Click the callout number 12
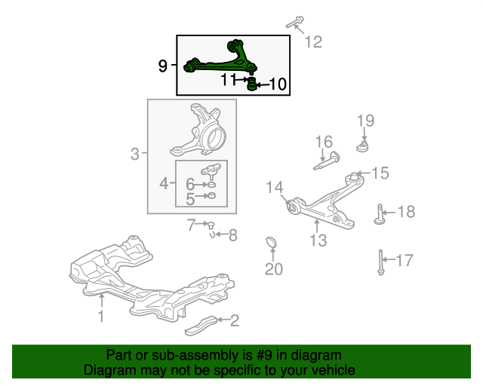pyautogui.click(x=314, y=41)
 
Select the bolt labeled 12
pyautogui.click(x=295, y=22)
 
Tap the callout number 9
pyautogui.click(x=163, y=66)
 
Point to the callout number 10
pyautogui.click(x=278, y=84)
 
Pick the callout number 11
pyautogui.click(x=229, y=80)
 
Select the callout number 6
pyautogui.click(x=190, y=184)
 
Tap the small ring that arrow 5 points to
pyautogui.click(x=211, y=195)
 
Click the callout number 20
pyautogui.click(x=274, y=269)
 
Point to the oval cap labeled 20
pyautogui.click(x=271, y=242)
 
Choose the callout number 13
pyautogui.click(x=318, y=240)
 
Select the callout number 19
pyautogui.click(x=365, y=121)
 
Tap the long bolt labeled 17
pyautogui.click(x=381, y=262)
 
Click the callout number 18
pyautogui.click(x=407, y=212)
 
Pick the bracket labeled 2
pyautogui.click(x=201, y=326)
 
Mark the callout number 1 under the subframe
pyautogui.click(x=100, y=316)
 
